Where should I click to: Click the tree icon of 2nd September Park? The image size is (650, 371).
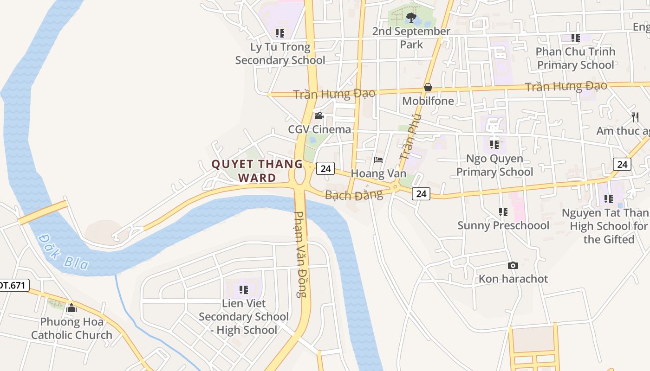(410, 18)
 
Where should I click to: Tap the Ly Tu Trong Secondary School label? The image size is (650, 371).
(280, 53)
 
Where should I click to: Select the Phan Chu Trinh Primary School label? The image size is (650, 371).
(575, 58)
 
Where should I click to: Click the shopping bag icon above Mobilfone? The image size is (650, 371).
(428, 87)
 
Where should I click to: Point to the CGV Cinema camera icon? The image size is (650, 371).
(319, 116)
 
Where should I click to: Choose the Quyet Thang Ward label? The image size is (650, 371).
(257, 170)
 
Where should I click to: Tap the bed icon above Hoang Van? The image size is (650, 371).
(378, 160)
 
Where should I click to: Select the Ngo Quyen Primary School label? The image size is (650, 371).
(494, 165)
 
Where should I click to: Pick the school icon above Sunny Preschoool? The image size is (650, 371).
(503, 212)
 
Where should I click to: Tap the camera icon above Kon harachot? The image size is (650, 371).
(513, 265)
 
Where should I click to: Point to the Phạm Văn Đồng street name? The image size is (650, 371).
(301, 254)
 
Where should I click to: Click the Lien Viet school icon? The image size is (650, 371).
(243, 290)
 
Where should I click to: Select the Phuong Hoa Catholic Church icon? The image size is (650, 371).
(71, 307)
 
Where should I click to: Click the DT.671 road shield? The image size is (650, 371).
(13, 285)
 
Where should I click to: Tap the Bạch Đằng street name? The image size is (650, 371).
(354, 195)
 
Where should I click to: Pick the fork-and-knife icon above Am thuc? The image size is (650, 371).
(635, 117)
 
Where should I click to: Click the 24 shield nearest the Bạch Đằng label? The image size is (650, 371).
(421, 193)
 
